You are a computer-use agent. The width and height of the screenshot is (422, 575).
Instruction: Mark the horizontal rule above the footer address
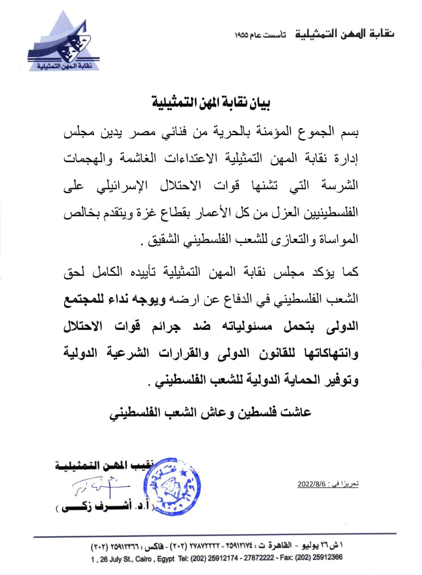click(x=215, y=534)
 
